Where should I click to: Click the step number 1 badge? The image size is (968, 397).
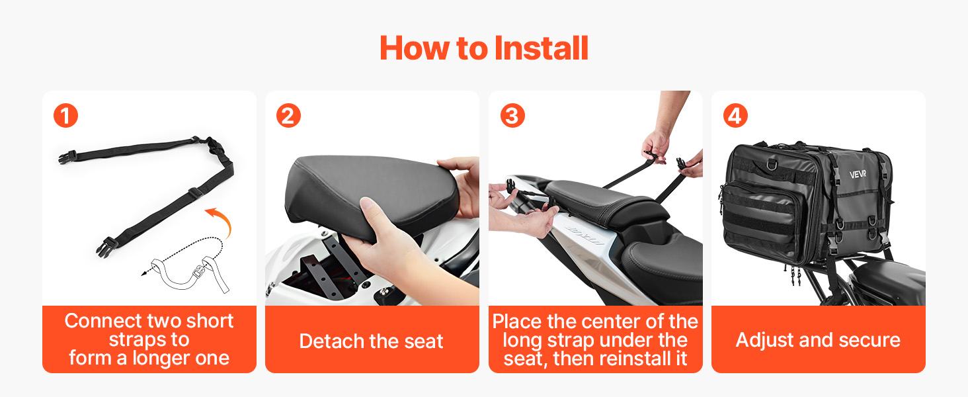65,116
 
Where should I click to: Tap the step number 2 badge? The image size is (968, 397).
288,116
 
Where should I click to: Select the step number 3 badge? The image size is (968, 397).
512,116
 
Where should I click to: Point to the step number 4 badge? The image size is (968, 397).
735,116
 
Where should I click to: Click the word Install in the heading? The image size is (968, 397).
541,48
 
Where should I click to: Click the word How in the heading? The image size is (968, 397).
415,48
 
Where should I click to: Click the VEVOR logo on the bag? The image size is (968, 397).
858,174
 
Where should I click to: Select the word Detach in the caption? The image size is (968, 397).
333,341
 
